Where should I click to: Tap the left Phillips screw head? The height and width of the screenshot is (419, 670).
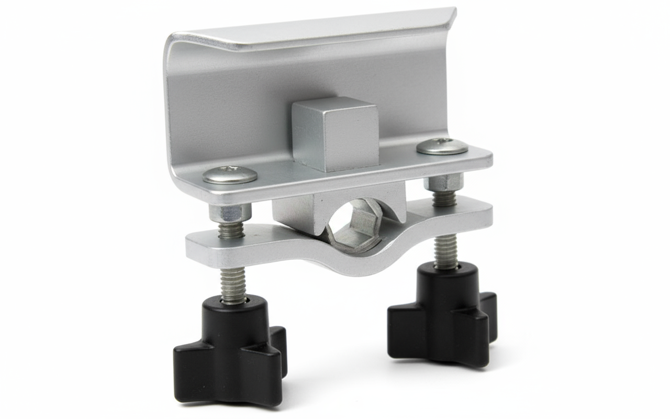coord(230,174)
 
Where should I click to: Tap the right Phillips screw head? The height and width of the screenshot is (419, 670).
coord(442,146)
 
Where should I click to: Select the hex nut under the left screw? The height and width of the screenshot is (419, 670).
coord(230,212)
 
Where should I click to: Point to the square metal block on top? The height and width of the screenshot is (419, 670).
coord(335,134)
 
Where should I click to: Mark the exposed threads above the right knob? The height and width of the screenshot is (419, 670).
coord(446,251)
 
